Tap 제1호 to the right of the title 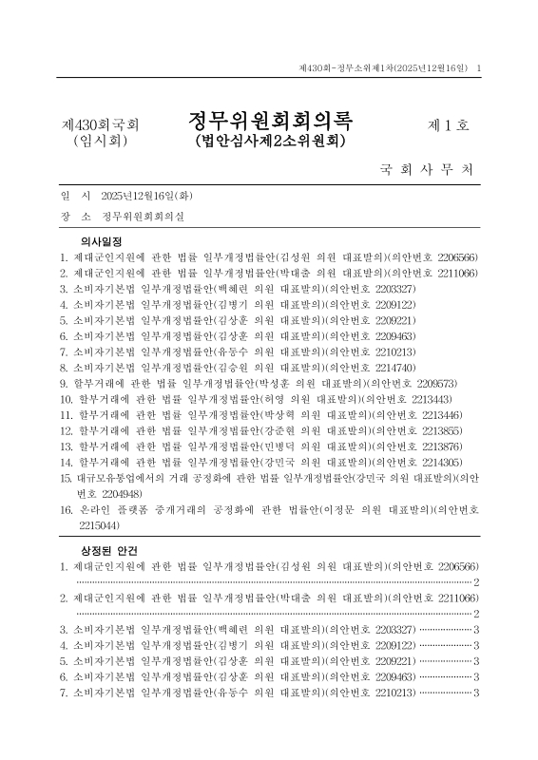pos(450,125)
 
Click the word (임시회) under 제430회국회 pos(100,141)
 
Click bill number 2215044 pos(99,524)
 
